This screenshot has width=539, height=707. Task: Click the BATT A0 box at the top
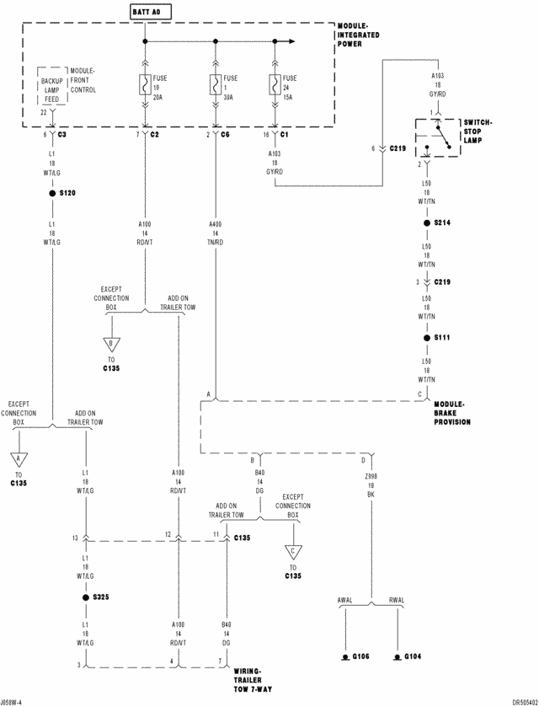pos(146,13)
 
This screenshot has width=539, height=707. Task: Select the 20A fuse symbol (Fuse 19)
pos(146,86)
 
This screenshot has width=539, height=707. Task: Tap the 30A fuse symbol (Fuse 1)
pos(216,86)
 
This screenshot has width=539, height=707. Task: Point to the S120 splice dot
pos(52,193)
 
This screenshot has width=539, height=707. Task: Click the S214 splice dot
pos(427,222)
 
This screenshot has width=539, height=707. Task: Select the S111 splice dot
pos(427,337)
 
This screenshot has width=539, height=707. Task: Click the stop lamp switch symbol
pos(436,137)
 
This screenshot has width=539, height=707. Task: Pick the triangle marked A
pos(16,459)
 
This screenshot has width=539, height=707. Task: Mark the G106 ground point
pos(345,656)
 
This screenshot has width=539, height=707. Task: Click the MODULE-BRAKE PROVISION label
pos(452,413)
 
